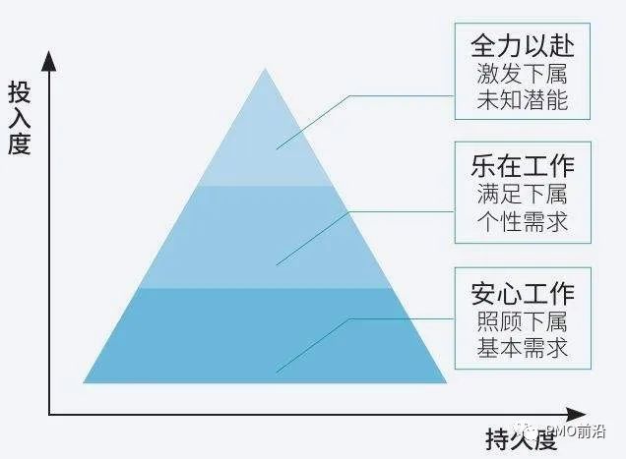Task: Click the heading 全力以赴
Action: tap(522, 46)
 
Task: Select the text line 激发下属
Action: tap(522, 74)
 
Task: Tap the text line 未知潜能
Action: tap(522, 100)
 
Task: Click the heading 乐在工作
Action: tap(522, 162)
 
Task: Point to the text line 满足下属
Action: tap(522, 192)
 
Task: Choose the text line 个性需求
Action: tap(522, 219)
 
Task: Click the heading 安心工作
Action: tap(522, 292)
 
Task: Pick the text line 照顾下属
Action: tap(522, 320)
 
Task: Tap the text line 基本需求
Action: tap(522, 348)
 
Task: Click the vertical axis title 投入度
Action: tap(21, 119)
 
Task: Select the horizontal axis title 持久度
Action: tap(517, 437)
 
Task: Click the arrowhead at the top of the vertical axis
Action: tap(49, 59)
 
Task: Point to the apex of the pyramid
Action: tap(264, 69)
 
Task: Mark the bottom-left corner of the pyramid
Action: tap(84, 381)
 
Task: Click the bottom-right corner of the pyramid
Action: tap(446, 381)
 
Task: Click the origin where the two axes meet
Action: tap(49, 415)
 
